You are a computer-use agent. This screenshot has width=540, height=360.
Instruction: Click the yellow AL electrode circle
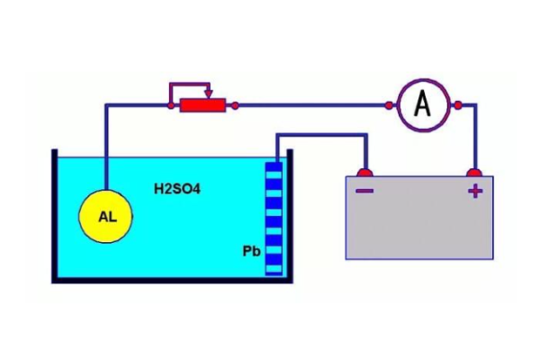[105, 217]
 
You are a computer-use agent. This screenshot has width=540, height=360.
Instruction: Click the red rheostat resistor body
[202, 105]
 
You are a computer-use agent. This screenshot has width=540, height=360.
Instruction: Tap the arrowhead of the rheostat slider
[209, 93]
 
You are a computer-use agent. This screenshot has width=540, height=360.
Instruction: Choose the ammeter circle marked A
[423, 105]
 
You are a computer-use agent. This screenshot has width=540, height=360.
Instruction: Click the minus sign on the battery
[364, 191]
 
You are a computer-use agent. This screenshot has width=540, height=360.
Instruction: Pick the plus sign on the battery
[474, 191]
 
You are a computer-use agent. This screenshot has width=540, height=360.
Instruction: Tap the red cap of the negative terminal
[364, 171]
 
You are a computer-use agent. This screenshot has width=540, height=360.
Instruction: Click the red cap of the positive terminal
[474, 171]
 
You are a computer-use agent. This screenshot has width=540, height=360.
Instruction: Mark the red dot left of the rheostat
[171, 105]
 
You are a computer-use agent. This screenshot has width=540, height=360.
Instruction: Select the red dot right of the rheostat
[235, 105]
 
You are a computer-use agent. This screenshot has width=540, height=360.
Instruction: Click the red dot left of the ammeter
[389, 105]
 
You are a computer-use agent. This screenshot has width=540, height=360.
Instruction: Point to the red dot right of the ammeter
[457, 105]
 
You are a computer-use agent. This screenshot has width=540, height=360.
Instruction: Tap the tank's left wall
[55, 216]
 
